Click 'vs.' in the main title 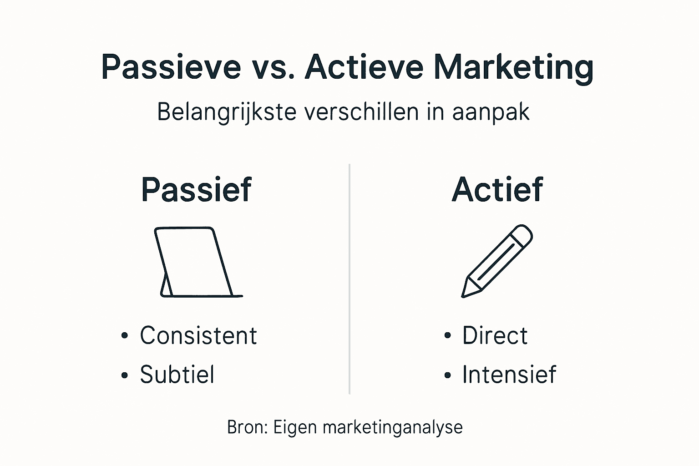pos(272,67)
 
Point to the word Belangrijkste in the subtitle pos(227,112)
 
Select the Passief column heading pos(196,189)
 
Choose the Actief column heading pos(497,189)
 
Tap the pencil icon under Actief pos(497,261)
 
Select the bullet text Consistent pos(198,336)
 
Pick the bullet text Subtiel pos(177,375)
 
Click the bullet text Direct pos(495,336)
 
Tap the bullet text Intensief pos(509,375)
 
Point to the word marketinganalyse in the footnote pos(392,428)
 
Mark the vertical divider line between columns pos(349,279)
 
